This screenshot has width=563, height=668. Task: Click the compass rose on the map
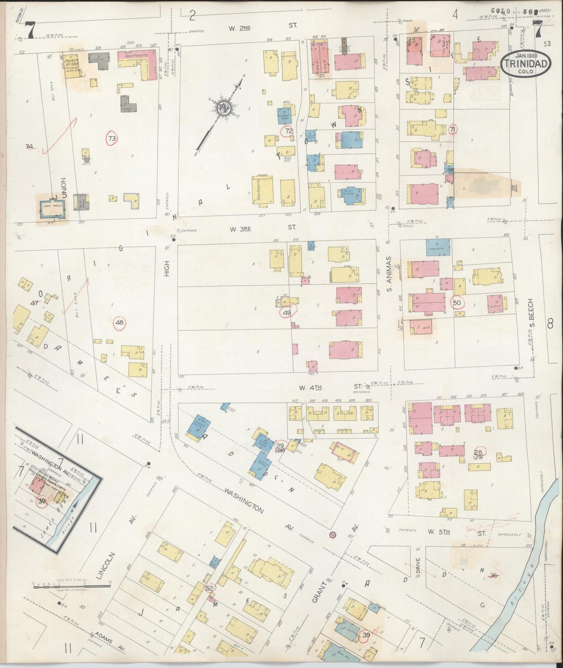[224, 106]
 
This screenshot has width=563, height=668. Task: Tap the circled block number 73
[113, 138]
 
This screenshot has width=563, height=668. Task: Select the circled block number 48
[120, 323]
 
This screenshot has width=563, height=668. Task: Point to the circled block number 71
[452, 129]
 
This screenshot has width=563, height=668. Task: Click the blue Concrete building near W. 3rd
[438, 247]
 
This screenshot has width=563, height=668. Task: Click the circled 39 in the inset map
[42, 502]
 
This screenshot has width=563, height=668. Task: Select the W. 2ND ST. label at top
[263, 25]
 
